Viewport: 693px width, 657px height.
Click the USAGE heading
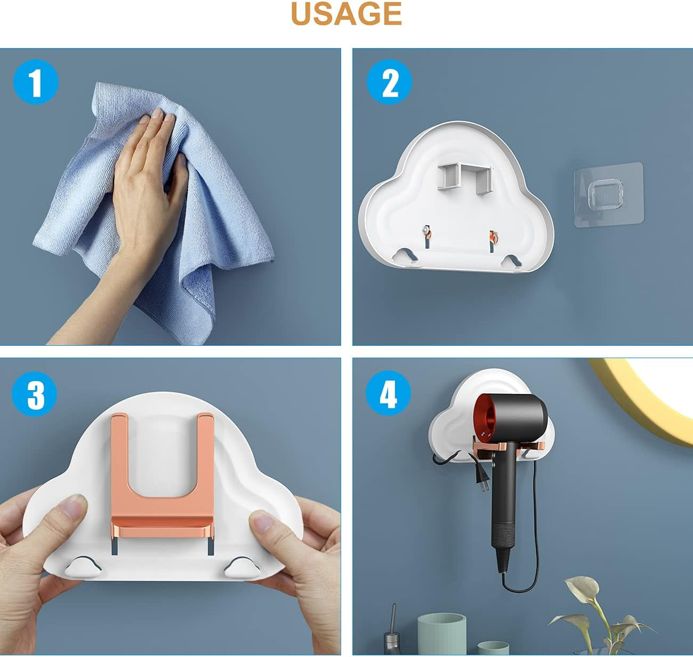tap(346, 14)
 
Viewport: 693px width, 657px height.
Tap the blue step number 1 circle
tap(35, 82)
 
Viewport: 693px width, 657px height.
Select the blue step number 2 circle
tap(389, 82)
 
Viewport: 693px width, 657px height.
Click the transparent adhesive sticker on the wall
tap(609, 195)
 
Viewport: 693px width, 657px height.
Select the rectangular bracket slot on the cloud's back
tap(463, 177)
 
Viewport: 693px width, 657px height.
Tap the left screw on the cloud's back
tap(427, 231)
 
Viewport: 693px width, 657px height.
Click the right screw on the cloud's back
tap(493, 235)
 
